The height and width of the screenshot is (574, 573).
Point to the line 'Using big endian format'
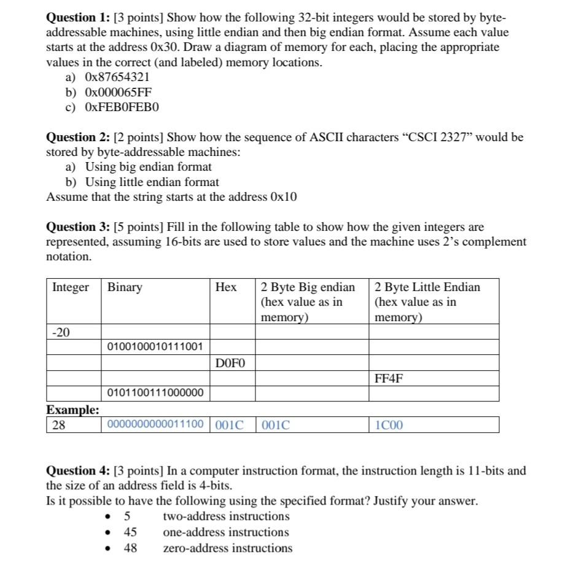pos(149,167)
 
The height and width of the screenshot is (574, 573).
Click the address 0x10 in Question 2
pos(284,197)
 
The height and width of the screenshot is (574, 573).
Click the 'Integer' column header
pos(71,287)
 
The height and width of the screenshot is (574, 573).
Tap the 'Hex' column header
pos(225,287)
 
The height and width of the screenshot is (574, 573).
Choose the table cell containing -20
pos(61,333)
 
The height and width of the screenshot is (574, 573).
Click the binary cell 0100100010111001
pos(155,347)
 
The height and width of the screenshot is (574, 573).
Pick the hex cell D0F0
pos(230,363)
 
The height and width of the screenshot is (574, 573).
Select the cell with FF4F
pos(389,378)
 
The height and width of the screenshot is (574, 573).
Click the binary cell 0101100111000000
pos(155,393)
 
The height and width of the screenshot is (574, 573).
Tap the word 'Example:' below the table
pos(72,409)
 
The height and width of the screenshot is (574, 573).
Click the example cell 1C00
pos(389,425)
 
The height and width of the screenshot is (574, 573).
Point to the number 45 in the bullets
pos(130,532)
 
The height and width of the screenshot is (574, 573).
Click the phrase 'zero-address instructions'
pos(227,548)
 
